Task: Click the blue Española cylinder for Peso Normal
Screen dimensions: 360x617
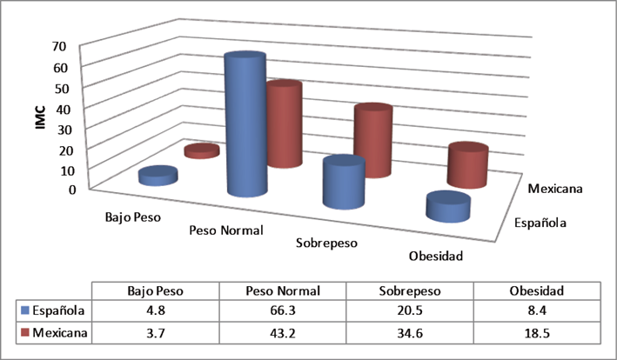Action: click(245, 126)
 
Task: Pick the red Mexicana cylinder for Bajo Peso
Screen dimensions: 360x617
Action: click(201, 151)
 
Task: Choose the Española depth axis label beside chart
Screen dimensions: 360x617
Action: click(539, 223)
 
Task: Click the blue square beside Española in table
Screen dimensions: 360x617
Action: click(23, 310)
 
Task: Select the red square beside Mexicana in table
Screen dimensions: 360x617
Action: click(23, 331)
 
